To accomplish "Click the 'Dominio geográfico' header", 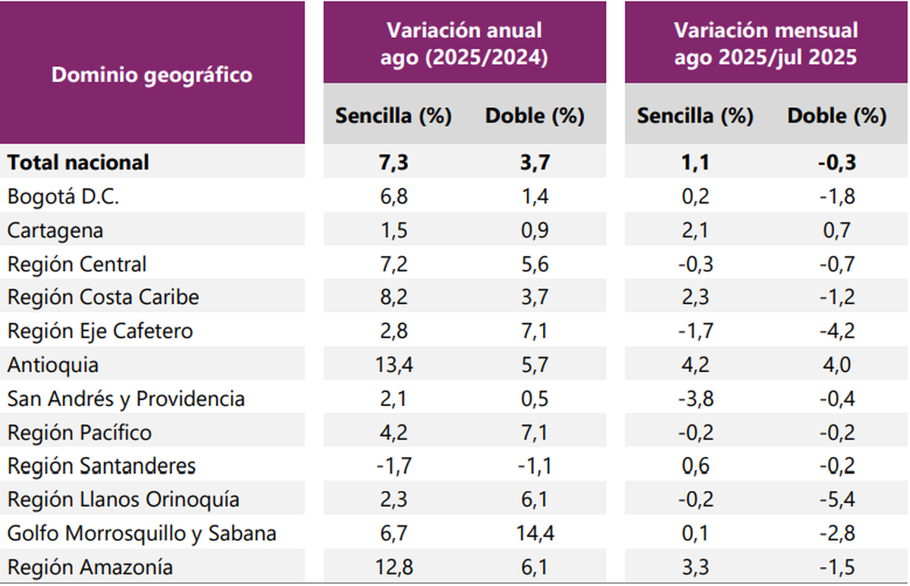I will pos(152,75).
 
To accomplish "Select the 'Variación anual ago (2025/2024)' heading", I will pos(464,44).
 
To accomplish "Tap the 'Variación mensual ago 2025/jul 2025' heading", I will pos(766,44).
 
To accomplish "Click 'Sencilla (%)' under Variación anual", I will pos(394,116).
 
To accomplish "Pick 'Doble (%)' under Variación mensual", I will pos(836,116).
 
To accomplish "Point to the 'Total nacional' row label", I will pos(78,162).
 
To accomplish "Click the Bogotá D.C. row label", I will pos(63,197).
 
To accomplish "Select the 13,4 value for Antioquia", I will pos(394,365).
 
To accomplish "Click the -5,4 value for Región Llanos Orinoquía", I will pos(836,500).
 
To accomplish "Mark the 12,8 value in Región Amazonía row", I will pos(394,567).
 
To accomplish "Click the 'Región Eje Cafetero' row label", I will pos(100,331).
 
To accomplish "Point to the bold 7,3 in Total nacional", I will pos(394,162).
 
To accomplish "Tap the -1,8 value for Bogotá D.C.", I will pos(836,197).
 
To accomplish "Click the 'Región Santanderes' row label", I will pos(102,466).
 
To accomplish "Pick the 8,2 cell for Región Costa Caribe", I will pos(394,298).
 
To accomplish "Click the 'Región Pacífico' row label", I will pos(80,433).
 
